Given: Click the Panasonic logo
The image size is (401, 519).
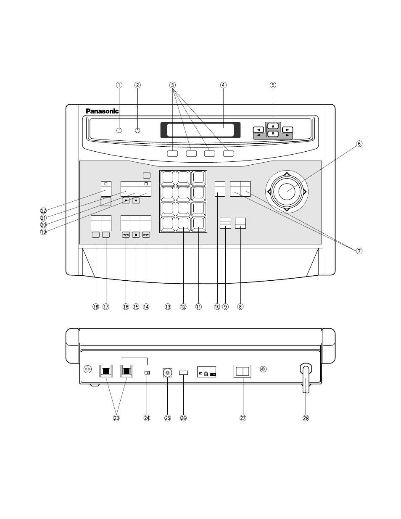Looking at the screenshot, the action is click(x=102, y=111).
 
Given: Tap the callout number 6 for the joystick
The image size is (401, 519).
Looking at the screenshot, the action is click(x=359, y=144).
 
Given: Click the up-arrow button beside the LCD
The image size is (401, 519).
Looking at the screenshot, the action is click(x=273, y=126).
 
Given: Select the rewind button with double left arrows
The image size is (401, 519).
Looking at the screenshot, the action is click(x=126, y=235).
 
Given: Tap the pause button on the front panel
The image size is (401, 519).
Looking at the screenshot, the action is click(x=136, y=235).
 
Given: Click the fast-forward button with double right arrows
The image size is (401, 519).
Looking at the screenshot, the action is click(x=146, y=235).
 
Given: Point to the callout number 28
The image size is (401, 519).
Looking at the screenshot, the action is click(x=306, y=418).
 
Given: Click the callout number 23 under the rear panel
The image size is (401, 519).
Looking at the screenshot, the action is click(x=116, y=418).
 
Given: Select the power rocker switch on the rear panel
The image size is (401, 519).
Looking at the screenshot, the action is click(x=243, y=371).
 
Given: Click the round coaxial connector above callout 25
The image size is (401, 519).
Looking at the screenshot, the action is click(x=167, y=373).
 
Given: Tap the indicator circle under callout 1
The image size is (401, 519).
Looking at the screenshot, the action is click(x=119, y=130).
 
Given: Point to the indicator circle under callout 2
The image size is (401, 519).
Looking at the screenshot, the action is click(x=137, y=130).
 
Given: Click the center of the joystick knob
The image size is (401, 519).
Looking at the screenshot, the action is click(x=287, y=192).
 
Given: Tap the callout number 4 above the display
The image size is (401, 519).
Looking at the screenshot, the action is click(x=223, y=85).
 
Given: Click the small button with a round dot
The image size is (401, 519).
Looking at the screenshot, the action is click(x=136, y=200).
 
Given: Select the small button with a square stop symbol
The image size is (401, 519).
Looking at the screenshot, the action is click(x=126, y=200).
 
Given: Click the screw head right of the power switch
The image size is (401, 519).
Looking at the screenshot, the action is click(x=263, y=369).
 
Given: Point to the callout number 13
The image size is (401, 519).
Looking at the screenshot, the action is click(x=168, y=307).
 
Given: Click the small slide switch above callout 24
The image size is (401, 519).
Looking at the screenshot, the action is click(x=147, y=373).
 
